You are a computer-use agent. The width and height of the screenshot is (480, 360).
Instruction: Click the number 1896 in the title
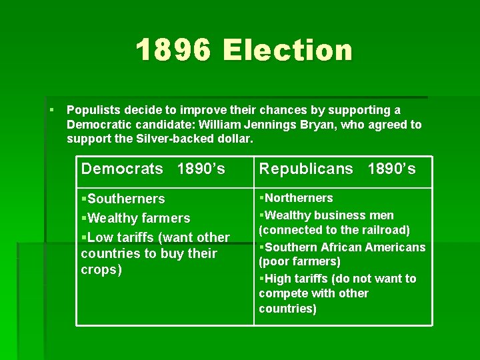point(174,50)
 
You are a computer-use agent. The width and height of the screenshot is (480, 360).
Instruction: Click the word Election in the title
point(287,50)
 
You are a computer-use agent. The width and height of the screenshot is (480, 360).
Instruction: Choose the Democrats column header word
point(122,169)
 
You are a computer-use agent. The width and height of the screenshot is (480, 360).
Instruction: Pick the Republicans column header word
point(306,169)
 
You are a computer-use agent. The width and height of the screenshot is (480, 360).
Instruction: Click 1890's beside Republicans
point(391,169)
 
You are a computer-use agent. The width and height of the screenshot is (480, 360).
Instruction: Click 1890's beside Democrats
point(201,169)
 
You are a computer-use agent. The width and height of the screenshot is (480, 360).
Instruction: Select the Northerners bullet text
point(299,198)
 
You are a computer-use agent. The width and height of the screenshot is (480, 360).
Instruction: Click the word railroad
point(385,230)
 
